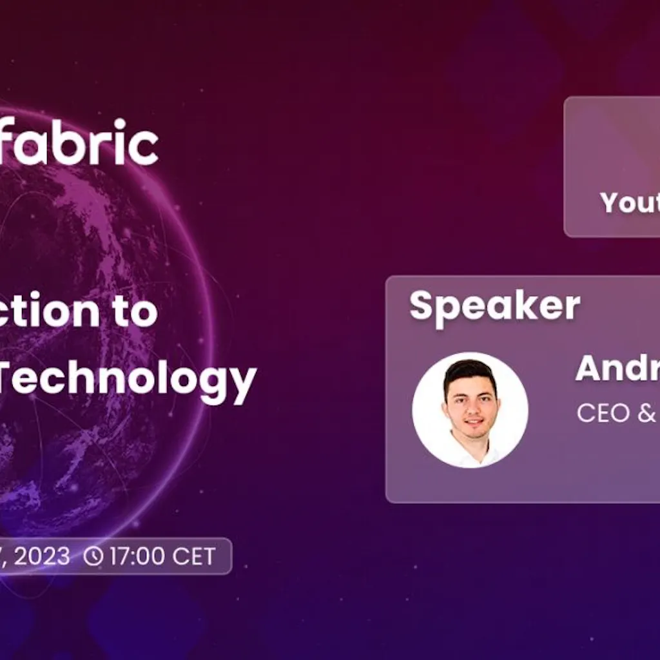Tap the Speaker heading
pos(494,306)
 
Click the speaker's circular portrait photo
pos(470,410)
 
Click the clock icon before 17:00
pos(93,556)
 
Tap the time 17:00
pos(137,556)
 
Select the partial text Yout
pos(629,203)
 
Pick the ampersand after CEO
pos(646,413)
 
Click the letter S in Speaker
pos(422,306)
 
